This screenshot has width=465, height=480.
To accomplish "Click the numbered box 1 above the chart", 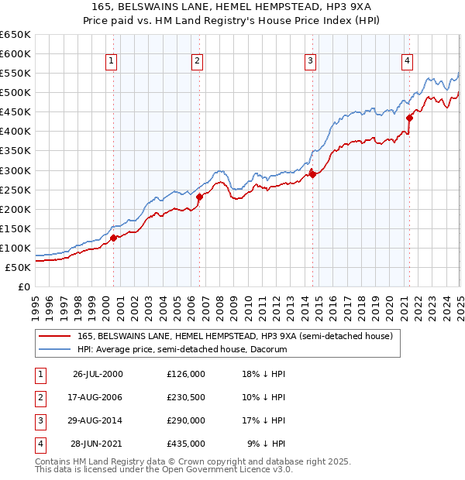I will click(x=111, y=61).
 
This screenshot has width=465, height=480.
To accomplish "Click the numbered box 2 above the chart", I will click(x=197, y=61).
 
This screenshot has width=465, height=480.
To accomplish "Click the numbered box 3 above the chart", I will click(x=310, y=61).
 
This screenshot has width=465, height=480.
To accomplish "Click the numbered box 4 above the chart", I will click(x=407, y=61).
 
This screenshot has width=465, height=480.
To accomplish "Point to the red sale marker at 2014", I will click(x=312, y=174).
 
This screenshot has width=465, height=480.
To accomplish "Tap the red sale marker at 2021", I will click(x=408, y=118).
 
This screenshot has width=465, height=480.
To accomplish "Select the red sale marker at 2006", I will click(x=199, y=197).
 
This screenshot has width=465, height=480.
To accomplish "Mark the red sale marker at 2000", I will click(x=114, y=238).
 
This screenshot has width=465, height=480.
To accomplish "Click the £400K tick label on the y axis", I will click(x=15, y=132).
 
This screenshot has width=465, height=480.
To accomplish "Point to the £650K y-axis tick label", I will click(x=15, y=35).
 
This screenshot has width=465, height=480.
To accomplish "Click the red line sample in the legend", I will click(x=54, y=337).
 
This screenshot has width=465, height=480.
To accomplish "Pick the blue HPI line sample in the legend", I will click(x=54, y=349).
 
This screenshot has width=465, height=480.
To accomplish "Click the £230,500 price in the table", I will click(x=186, y=397).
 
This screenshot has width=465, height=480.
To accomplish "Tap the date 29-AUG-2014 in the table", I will click(x=98, y=420).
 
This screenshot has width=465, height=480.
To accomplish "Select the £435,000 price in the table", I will click(x=186, y=444).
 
